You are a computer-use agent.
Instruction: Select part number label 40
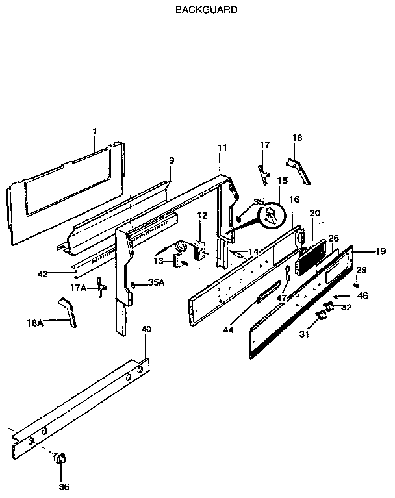click(x=146, y=329)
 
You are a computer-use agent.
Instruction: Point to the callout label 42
click(x=43, y=274)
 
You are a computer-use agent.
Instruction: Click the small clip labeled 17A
click(x=100, y=286)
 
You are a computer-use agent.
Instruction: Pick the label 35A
click(x=155, y=282)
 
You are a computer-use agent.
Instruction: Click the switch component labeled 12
click(x=201, y=249)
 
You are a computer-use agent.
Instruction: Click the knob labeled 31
click(x=321, y=316)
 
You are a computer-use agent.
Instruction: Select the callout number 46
click(x=363, y=295)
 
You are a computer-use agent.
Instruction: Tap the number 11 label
click(x=222, y=148)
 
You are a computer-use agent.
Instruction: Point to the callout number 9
click(x=172, y=160)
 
